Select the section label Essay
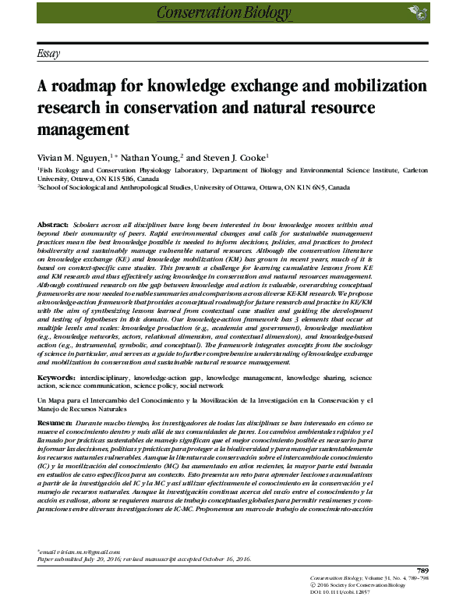click(50, 53)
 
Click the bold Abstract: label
click(53, 225)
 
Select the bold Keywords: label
click(56, 377)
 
